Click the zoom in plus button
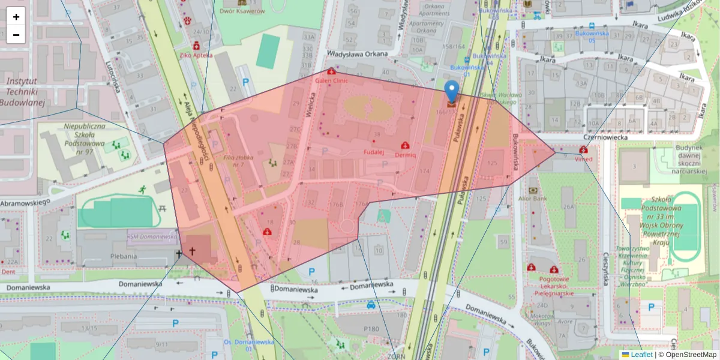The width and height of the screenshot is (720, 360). [x=16, y=17]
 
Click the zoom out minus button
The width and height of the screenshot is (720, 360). [x=16, y=35]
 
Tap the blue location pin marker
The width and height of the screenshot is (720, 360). [x=452, y=92]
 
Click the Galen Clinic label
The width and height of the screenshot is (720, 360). [x=331, y=80]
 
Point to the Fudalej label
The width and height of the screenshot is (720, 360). [x=373, y=153]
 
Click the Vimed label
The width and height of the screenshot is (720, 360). [x=583, y=159]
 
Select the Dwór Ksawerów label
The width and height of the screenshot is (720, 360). [x=242, y=11]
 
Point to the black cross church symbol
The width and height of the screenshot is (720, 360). [x=192, y=253]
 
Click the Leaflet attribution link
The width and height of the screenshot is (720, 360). [x=641, y=355]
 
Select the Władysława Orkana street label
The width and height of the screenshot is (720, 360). [x=357, y=53]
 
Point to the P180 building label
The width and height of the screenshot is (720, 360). [x=372, y=328]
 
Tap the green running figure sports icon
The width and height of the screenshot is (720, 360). [x=142, y=189]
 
